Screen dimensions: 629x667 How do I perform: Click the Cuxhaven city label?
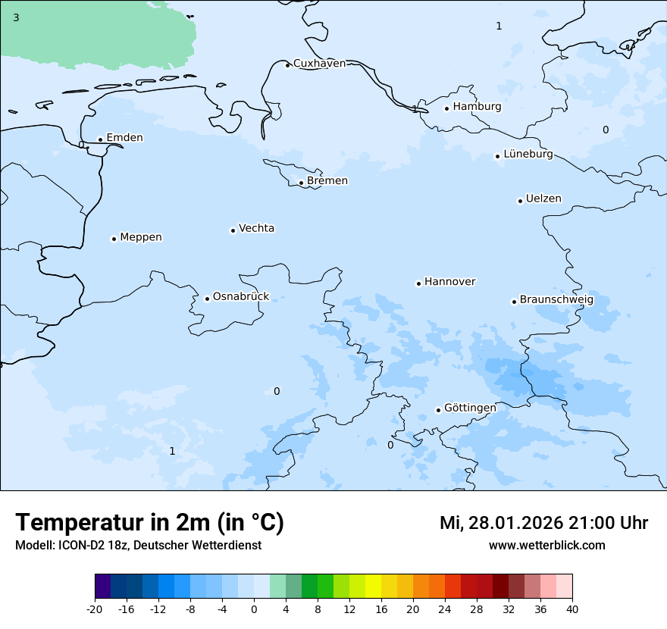click(319, 64)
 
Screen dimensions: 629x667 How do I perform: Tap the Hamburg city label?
click(477, 107)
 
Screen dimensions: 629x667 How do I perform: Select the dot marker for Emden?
click(100, 139)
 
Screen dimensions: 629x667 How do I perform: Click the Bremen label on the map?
click(327, 181)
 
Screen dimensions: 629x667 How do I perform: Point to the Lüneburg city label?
click(528, 155)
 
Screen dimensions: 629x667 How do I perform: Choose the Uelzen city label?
click(543, 199)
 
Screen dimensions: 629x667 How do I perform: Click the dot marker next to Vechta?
click(233, 230)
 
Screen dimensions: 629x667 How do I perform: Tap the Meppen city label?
click(141, 237)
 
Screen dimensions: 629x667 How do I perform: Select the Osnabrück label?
click(241, 297)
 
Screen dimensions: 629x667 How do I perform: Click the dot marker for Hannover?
click(418, 283)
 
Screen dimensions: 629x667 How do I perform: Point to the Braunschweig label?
click(556, 300)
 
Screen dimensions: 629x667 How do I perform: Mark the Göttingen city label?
click(470, 408)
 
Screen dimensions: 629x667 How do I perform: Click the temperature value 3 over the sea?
click(16, 17)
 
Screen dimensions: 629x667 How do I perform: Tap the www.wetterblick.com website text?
click(546, 546)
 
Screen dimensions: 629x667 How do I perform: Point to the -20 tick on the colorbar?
click(95, 609)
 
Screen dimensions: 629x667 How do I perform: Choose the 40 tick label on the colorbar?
click(572, 609)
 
